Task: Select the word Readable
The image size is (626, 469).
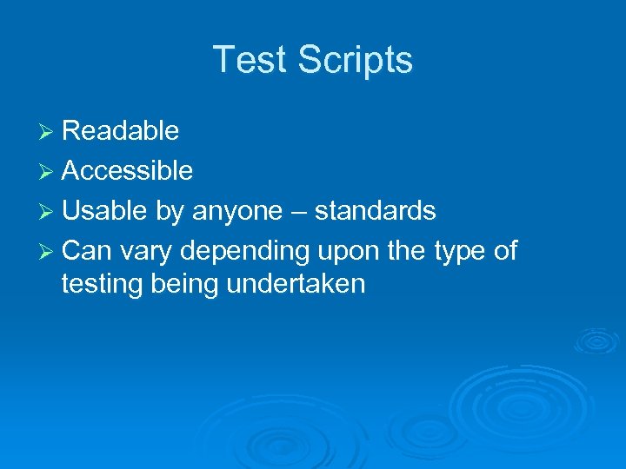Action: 121,131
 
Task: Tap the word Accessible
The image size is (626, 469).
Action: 128,171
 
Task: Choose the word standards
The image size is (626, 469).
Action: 375,211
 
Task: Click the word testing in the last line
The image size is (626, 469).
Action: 103,284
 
